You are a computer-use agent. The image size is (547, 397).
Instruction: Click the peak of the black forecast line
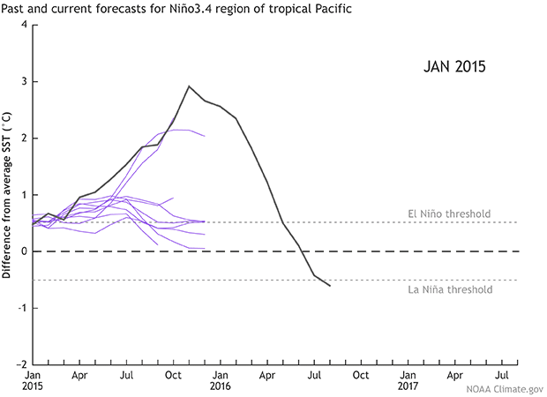(x=189, y=86)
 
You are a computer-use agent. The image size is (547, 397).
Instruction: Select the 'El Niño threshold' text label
(x=449, y=213)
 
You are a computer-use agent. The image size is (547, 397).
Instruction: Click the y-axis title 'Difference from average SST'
(x=7, y=195)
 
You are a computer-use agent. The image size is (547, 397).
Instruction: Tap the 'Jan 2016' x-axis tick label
(x=221, y=380)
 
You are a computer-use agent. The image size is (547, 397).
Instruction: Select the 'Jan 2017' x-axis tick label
(x=408, y=380)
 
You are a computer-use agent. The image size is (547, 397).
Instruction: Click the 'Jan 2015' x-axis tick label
(x=33, y=380)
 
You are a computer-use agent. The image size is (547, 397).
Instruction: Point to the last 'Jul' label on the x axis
(x=503, y=374)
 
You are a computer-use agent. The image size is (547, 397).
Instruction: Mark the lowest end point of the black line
(x=330, y=286)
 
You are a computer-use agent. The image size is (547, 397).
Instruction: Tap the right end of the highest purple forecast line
(x=205, y=136)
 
